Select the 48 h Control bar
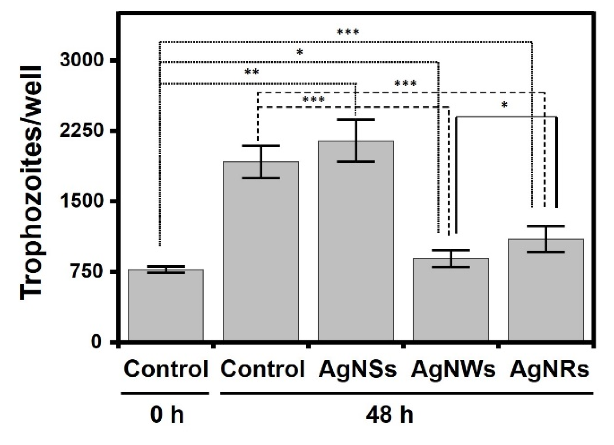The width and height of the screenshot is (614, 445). [261, 251]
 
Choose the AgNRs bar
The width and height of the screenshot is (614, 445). [546, 290]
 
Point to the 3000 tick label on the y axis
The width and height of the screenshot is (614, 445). [86, 60]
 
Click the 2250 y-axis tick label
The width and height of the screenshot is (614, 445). [86, 131]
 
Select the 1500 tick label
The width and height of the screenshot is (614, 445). [86, 201]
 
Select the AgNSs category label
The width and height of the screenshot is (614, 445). [357, 370]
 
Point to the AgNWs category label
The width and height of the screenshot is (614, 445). [453, 370]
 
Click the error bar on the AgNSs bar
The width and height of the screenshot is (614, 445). [356, 141]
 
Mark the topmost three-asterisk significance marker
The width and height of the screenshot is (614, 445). [348, 32]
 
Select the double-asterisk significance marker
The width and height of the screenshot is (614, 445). [251, 72]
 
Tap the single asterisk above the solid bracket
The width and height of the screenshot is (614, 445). [504, 105]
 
